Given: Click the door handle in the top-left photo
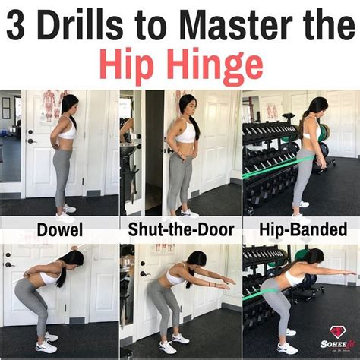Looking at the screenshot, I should [x=31, y=141].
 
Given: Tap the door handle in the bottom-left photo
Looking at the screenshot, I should [x=10, y=265].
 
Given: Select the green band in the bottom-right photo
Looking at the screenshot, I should [x=262, y=292].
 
